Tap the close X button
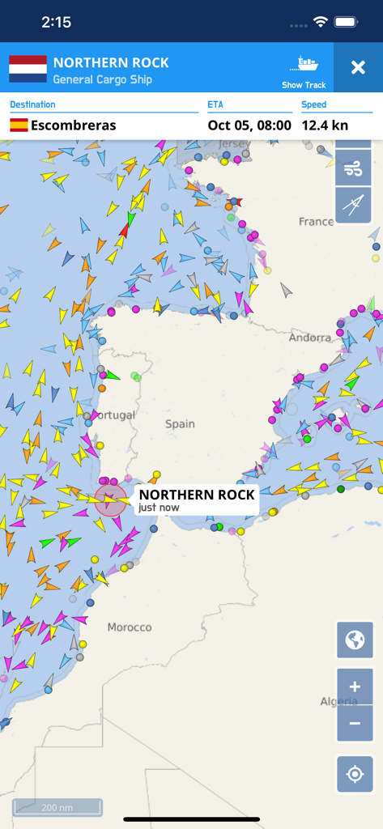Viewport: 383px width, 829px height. click(x=358, y=68)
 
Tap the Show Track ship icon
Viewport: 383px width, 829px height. click(x=305, y=64)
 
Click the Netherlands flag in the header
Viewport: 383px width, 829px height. click(x=28, y=70)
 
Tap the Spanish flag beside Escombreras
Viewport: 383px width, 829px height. click(x=19, y=125)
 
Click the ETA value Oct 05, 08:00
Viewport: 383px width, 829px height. click(x=249, y=125)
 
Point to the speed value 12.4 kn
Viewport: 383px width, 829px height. click(x=325, y=125)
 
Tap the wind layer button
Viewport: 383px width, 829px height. click(x=353, y=168)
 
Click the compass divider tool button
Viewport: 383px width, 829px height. click(x=353, y=205)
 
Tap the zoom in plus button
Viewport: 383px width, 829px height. click(x=355, y=687)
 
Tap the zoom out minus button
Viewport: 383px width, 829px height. click(x=355, y=723)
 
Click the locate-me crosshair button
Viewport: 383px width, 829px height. click(x=355, y=774)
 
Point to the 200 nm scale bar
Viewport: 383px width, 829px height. click(x=57, y=808)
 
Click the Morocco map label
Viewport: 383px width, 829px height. click(x=130, y=627)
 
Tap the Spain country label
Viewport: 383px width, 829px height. click(x=180, y=423)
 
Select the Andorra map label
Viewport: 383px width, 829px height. click(x=309, y=337)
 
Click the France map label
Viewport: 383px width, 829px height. click(x=316, y=221)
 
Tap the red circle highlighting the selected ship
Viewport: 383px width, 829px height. click(x=111, y=501)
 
